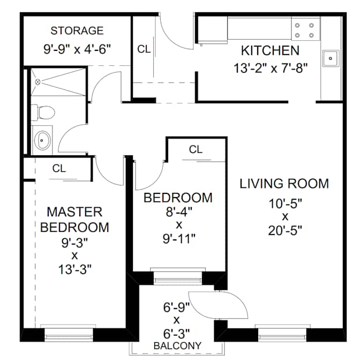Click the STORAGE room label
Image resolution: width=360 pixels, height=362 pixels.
pos(77,31)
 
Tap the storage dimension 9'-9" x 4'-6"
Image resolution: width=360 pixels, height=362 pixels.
pos(77,49)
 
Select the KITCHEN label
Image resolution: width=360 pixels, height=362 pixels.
pos(270,50)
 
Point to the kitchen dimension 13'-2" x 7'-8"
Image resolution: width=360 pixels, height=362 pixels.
pos(271,69)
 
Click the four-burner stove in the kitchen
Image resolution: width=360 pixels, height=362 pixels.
pos(305,30)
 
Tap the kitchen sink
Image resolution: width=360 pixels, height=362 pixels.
pos(331,58)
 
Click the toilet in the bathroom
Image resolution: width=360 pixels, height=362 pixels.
pos(43,112)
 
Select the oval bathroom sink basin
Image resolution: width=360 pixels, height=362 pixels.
pos(42,140)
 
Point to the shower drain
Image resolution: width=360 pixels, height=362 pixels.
pos(37,82)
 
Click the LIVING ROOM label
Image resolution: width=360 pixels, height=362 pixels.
pos(284,184)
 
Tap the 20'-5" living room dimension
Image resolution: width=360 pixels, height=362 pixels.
pos(285,230)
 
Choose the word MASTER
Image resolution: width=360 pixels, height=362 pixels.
pos(74,212)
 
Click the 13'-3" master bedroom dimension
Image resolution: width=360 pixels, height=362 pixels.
pos(74,269)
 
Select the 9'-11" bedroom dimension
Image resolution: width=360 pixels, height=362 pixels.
pos(179,238)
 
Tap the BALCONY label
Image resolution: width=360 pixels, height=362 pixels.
pos(177,345)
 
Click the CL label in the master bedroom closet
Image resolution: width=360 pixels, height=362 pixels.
pos(59,169)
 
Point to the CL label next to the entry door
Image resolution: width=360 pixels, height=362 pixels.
pos(144,49)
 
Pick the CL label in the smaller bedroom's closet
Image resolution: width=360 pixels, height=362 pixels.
pos(196,149)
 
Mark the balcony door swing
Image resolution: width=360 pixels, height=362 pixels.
pos(218,305)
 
